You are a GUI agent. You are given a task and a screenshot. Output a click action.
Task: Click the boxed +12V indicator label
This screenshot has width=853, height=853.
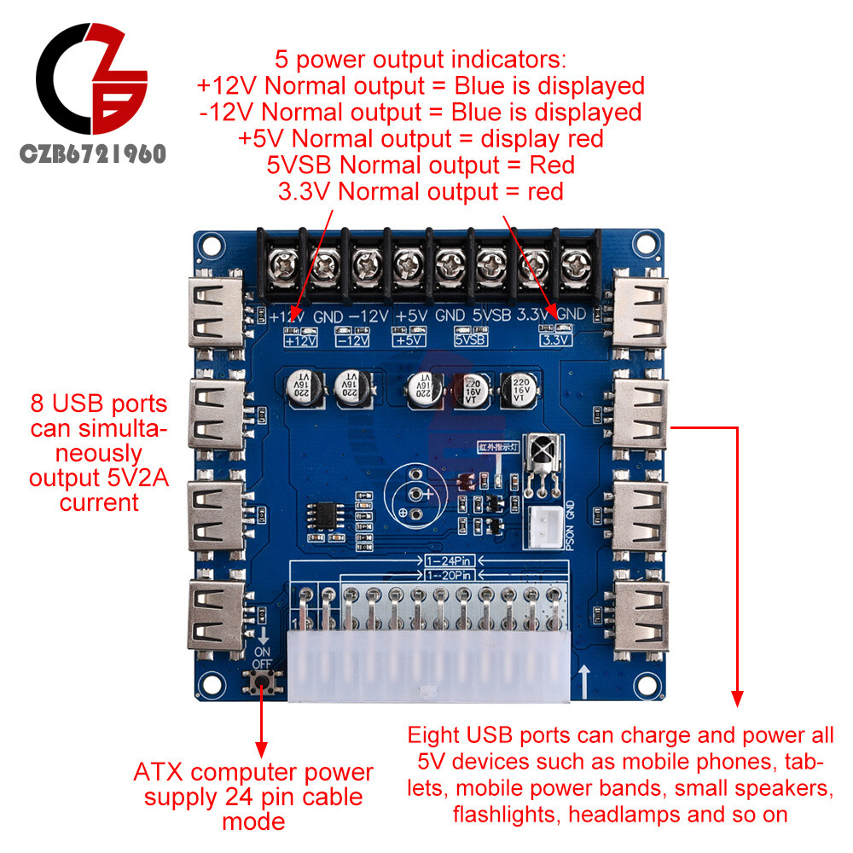[x=300, y=339]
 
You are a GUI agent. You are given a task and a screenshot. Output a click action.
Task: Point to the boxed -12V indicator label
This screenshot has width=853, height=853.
[x=352, y=339]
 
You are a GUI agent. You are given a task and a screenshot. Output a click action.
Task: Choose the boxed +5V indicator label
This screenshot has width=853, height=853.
[x=409, y=339]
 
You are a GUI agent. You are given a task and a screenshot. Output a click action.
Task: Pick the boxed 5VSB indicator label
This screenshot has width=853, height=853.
[x=470, y=339]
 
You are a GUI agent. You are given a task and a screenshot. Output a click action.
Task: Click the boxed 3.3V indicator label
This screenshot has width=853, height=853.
[x=554, y=339]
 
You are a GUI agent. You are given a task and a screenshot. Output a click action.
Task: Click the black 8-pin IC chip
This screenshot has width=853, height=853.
[x=324, y=516]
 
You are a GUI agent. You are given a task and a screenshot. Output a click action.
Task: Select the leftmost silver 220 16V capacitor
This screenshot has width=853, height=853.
[x=303, y=388]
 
